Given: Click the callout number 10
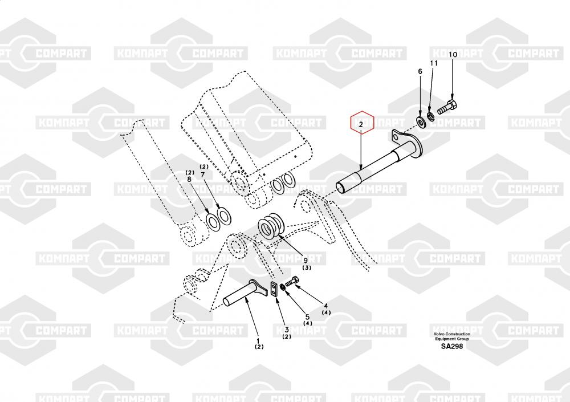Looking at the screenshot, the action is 453,55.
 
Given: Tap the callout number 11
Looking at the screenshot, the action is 434,63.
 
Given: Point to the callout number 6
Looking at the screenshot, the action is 420,71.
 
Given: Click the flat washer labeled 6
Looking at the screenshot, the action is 422,122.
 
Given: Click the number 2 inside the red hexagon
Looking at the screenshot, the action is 361,124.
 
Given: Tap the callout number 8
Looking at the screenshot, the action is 189,180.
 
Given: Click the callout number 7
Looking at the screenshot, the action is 203,175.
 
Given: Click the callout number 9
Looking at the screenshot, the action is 306,260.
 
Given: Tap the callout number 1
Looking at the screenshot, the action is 258,341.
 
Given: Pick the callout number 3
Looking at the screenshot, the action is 287,330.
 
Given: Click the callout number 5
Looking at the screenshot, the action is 307,317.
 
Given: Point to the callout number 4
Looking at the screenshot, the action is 325,306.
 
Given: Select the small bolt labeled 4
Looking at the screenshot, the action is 291,281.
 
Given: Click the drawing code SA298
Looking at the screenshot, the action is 452,346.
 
